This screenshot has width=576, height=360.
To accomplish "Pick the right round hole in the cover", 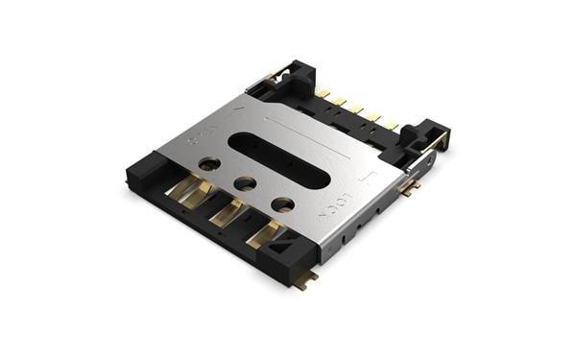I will pyautogui.click(x=282, y=204).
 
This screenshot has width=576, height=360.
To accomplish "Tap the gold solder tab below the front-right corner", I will pyautogui.click(x=306, y=281).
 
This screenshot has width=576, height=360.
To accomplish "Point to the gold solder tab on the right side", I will pyautogui.click(x=408, y=189).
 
